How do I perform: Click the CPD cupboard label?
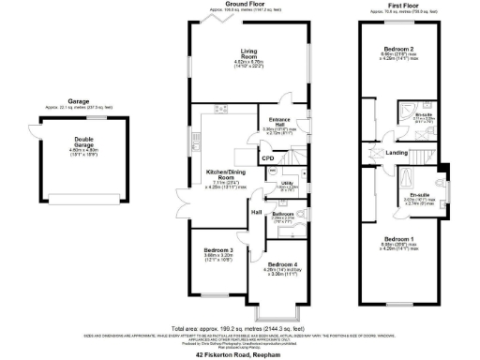267,158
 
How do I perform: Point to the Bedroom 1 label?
397,239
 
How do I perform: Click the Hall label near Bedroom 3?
255,212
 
